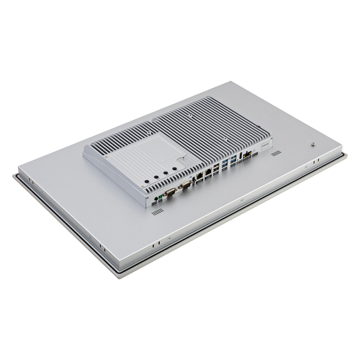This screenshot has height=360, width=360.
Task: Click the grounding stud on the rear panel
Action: (x=312, y=143)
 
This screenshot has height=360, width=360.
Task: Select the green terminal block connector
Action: (x=160, y=197)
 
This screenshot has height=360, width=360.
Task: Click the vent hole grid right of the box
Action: (x=276, y=152)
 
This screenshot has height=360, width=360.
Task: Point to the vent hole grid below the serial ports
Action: (x=157, y=211)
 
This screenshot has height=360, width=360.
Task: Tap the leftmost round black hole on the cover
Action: (x=146, y=182)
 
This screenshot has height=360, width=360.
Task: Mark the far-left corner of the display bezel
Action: (x=15, y=177)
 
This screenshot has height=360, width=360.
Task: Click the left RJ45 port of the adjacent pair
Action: (x=200, y=176)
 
